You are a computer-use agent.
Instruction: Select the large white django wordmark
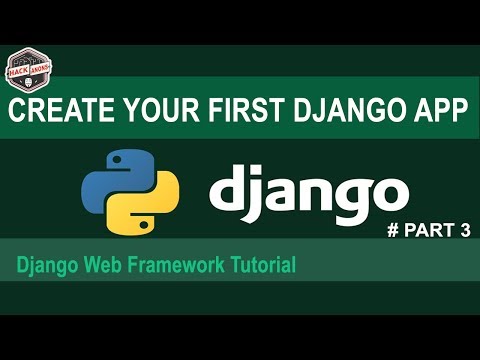coord(308,191)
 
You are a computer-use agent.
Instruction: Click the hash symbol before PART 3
coord(392,231)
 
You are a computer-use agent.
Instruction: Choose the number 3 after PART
coord(464,231)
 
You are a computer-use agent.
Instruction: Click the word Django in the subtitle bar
coord(45,267)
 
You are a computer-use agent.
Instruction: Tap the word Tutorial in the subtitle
coord(261,267)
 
